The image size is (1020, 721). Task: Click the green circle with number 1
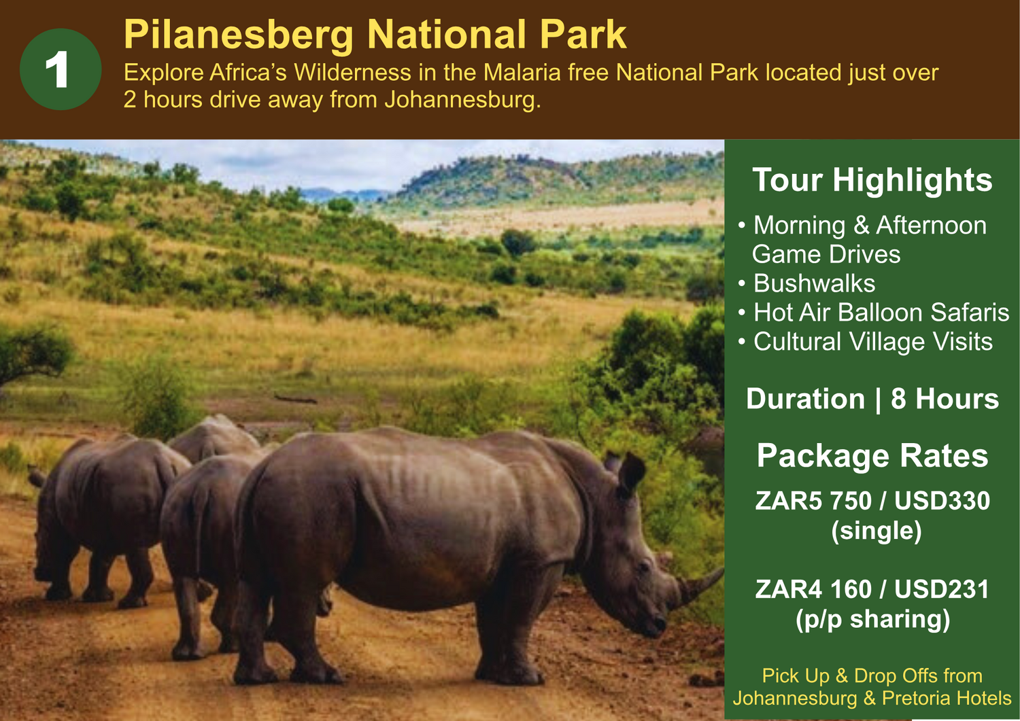click(61, 69)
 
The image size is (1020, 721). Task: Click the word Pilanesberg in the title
click(239, 35)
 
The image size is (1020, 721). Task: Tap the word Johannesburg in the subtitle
click(462, 100)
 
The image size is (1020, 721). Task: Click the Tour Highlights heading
click(872, 180)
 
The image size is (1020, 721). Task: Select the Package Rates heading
click(872, 456)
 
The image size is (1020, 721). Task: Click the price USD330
click(942, 501)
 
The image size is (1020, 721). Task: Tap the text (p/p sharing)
click(873, 620)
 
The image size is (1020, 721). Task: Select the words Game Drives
click(826, 254)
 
